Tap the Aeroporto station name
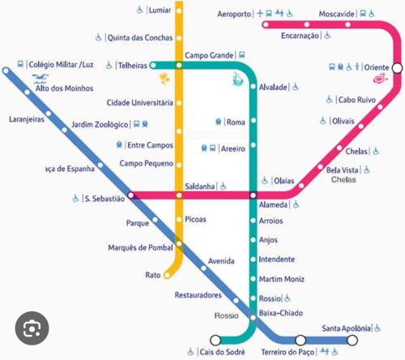point(236,15)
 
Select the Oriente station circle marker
point(397,67)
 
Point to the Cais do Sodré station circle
point(215,340)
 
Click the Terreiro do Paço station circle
point(301,340)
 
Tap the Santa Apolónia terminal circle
point(352,340)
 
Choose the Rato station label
point(153,276)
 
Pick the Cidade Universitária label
point(140,103)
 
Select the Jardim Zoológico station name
point(100,124)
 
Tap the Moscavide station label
point(337,15)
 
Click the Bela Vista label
point(343,170)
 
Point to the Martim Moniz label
point(281,279)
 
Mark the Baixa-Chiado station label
point(280,312)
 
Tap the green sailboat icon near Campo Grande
point(236,79)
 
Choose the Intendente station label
point(277,259)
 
